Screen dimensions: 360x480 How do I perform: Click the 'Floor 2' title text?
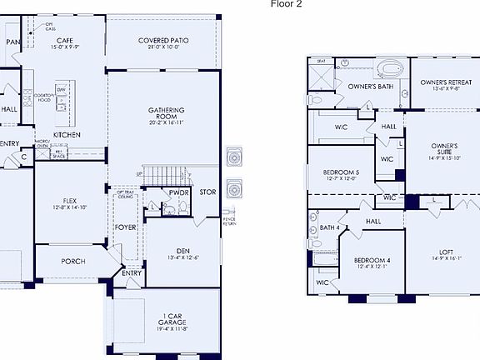[x=286, y=4]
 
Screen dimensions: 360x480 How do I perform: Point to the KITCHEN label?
[x=67, y=134]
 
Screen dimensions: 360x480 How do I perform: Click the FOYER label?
[x=126, y=227]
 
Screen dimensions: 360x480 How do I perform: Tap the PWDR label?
[x=178, y=192]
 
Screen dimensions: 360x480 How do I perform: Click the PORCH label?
[x=72, y=261]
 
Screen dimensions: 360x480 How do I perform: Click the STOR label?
[x=207, y=192]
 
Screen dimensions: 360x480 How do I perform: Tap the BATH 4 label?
[x=329, y=227]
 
